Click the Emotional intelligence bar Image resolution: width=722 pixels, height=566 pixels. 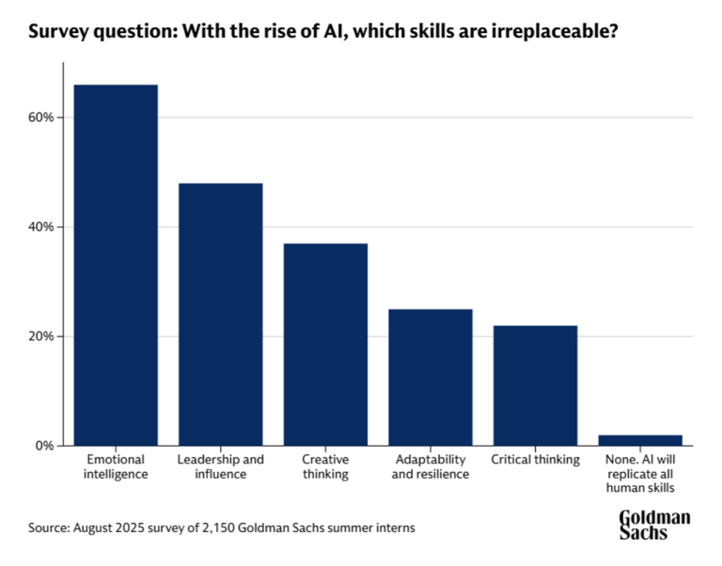click(117, 264)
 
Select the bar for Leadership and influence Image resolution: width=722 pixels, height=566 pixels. click(221, 314)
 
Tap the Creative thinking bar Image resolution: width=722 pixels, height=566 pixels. click(326, 344)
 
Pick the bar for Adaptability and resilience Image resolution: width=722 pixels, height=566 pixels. click(431, 376)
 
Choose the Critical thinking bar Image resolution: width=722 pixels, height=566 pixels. click(536, 385)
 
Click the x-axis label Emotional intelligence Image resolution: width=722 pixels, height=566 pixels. click(116, 466)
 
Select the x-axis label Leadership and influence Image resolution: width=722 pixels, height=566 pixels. click(221, 466)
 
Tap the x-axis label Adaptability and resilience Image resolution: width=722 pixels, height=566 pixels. click(430, 466)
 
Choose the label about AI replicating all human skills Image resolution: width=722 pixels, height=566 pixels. click(641, 474)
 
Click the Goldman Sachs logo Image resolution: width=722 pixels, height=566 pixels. click(654, 525)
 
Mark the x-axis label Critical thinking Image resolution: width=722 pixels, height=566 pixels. click(536, 460)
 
